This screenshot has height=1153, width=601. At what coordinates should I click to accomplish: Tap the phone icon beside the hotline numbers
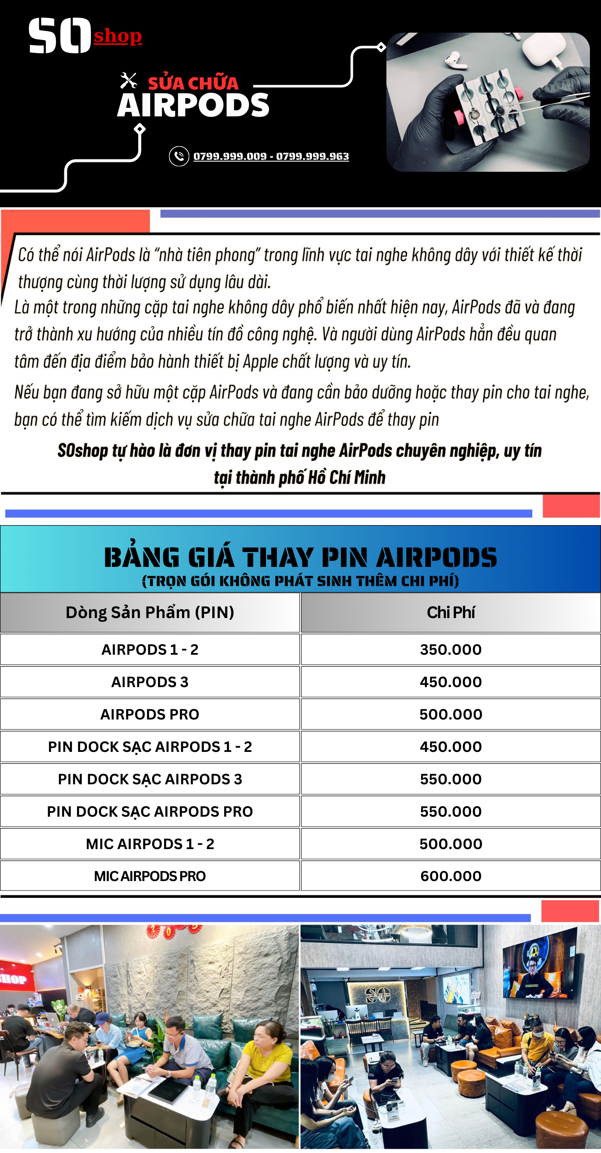(x=179, y=156)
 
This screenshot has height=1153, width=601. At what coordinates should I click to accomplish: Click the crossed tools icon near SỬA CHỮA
(x=128, y=81)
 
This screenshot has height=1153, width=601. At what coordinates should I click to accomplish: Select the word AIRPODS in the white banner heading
(x=194, y=106)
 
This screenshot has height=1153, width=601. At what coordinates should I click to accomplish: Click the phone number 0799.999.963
(x=312, y=156)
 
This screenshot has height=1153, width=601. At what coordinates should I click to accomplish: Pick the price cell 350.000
(x=451, y=650)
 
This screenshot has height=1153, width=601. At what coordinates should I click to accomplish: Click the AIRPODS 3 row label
(x=150, y=682)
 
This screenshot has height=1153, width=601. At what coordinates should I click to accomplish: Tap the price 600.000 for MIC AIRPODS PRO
(x=451, y=876)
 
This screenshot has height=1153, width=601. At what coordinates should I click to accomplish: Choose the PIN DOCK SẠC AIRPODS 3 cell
(x=150, y=779)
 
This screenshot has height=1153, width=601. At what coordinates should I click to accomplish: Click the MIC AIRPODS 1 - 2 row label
(x=150, y=844)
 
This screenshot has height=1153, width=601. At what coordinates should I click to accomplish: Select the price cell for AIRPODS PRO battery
(x=451, y=714)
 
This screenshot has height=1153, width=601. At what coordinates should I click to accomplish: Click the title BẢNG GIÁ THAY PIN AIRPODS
(x=300, y=557)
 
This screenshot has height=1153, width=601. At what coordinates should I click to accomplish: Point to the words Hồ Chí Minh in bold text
(x=347, y=477)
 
